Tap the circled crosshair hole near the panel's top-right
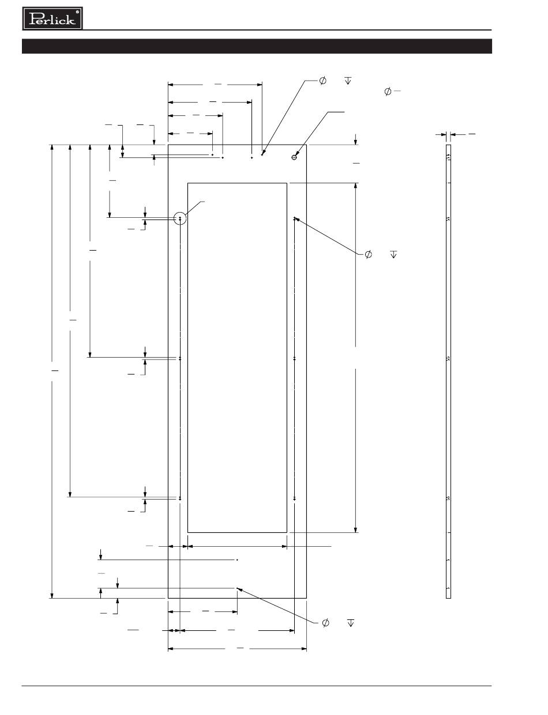click(294, 157)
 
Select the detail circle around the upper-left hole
click(181, 218)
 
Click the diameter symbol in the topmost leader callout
click(322, 81)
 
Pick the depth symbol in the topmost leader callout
click(348, 81)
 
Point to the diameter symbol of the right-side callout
click(368, 254)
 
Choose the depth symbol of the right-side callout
click(394, 254)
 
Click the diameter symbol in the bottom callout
click(325, 623)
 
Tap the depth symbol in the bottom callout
click(351, 623)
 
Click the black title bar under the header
click(257, 46)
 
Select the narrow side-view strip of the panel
click(448, 372)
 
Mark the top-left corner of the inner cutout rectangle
click(188, 183)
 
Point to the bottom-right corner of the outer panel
click(306, 598)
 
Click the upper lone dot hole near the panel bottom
click(238, 559)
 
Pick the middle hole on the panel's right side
click(295, 358)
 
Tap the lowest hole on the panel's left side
click(180, 498)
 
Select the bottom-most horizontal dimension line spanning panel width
click(237, 649)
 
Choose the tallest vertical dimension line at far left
click(52, 372)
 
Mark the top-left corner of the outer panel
click(168, 145)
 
